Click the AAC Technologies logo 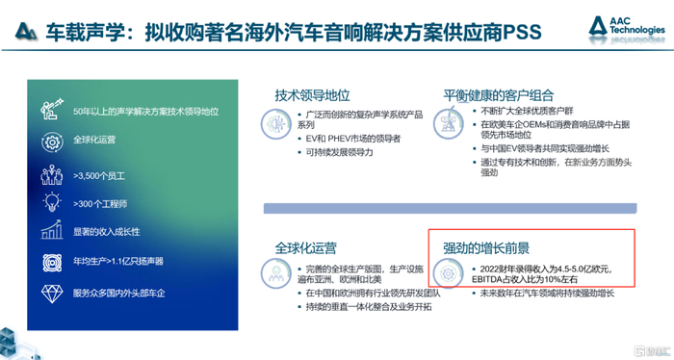631,30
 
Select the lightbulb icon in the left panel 51,204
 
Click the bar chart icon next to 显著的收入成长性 51,232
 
